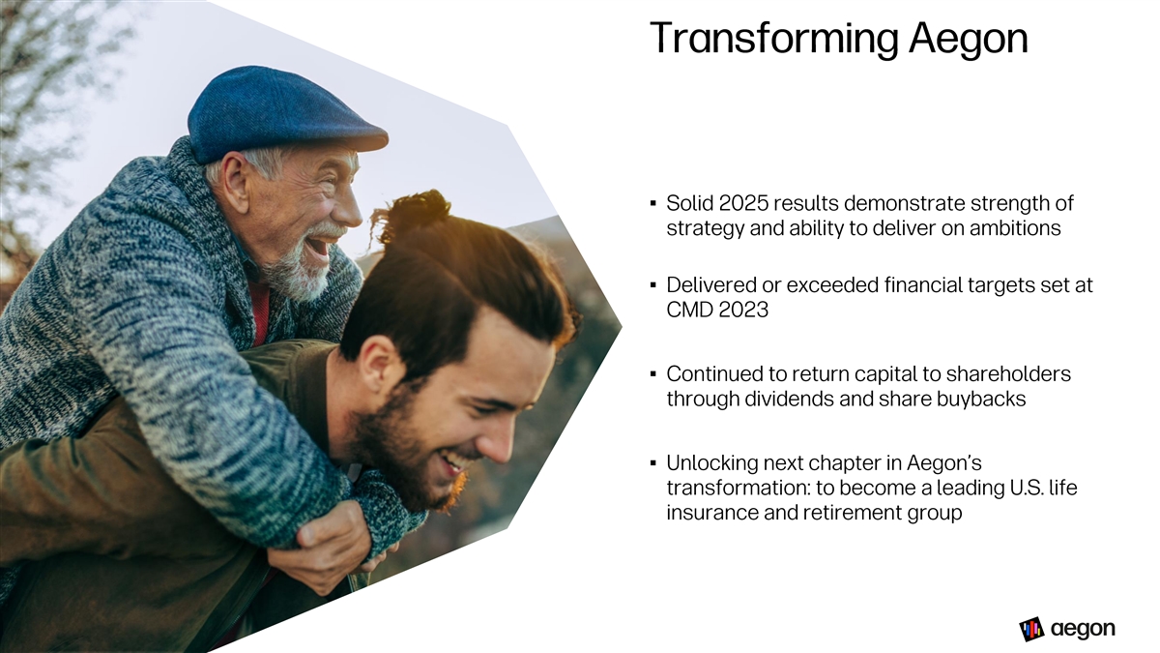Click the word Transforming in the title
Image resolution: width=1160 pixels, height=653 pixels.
[773, 39]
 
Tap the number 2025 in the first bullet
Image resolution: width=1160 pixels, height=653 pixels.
[743, 204]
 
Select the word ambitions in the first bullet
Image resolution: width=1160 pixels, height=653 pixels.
[1016, 228]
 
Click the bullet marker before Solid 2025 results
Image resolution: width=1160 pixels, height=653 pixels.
[653, 204]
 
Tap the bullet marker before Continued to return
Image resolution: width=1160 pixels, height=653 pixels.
[653, 373]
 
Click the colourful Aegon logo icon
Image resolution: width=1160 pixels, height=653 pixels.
[1031, 629]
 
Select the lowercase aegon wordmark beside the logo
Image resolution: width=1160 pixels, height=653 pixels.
[1083, 630]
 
